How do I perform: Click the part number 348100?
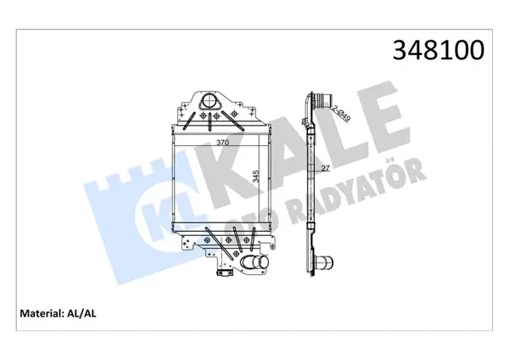pos(437,50)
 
